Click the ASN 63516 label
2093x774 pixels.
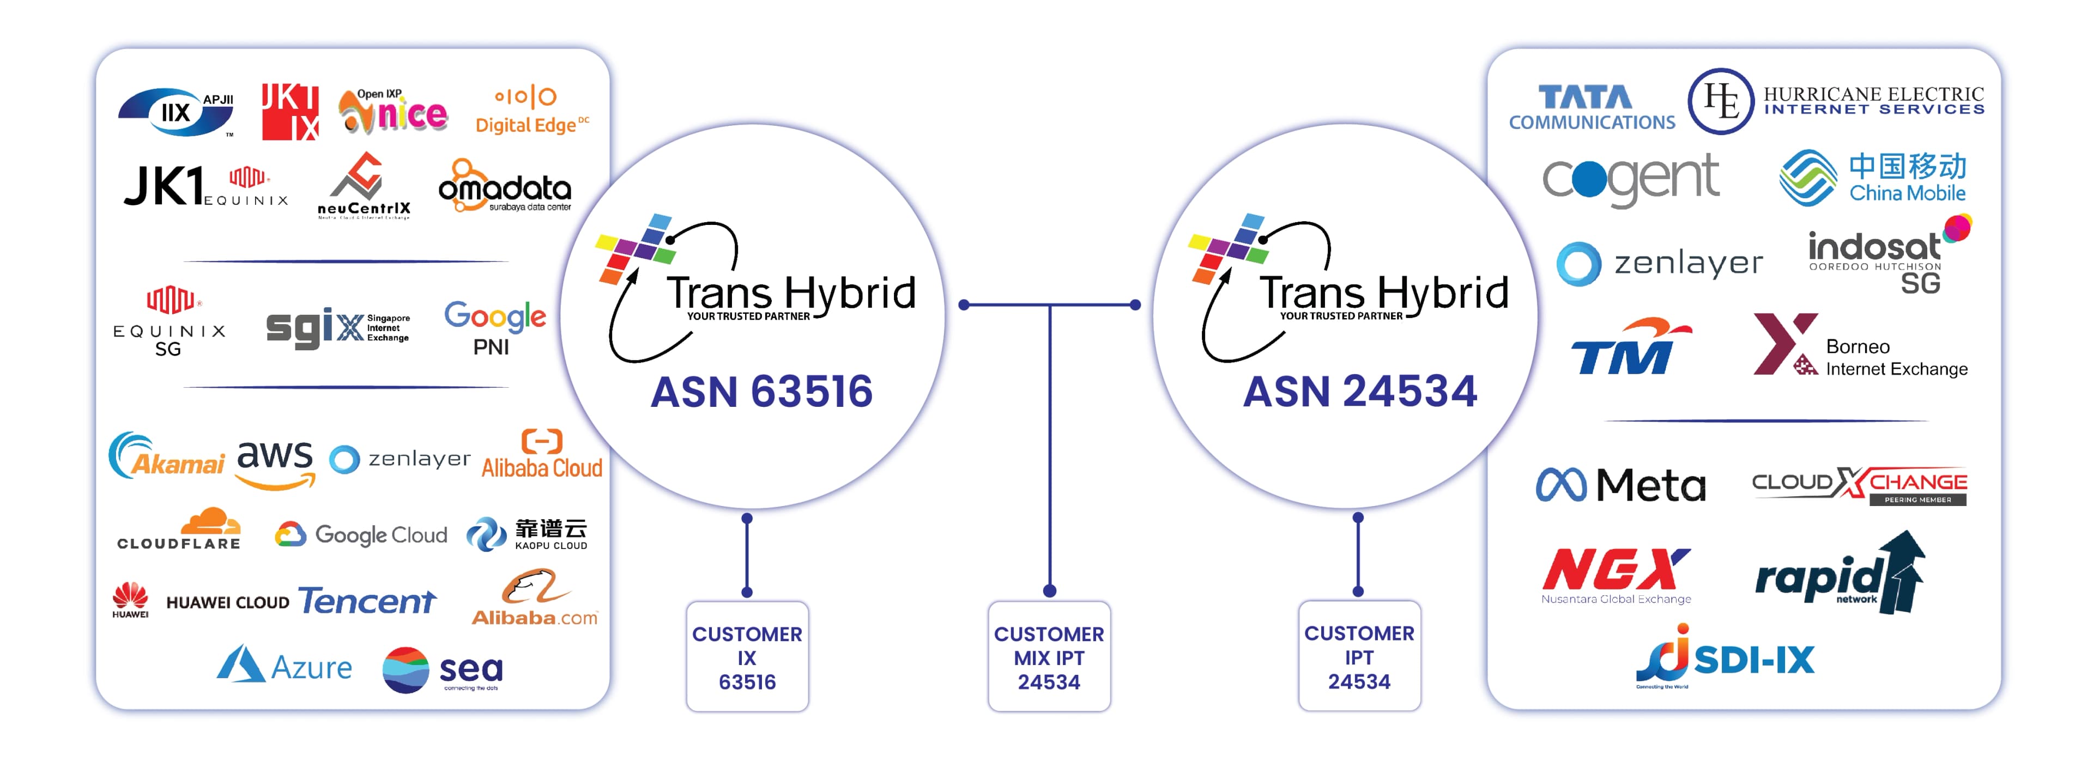(761, 392)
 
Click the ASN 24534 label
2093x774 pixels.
(1359, 392)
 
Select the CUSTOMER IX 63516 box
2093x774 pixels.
(747, 657)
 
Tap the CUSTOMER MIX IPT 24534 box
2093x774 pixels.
(1048, 657)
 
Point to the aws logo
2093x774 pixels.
(275, 463)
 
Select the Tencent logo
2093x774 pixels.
(367, 601)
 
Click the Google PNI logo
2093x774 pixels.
(494, 326)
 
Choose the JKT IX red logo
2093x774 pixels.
(290, 112)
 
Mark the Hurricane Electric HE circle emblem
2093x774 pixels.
(1720, 101)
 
